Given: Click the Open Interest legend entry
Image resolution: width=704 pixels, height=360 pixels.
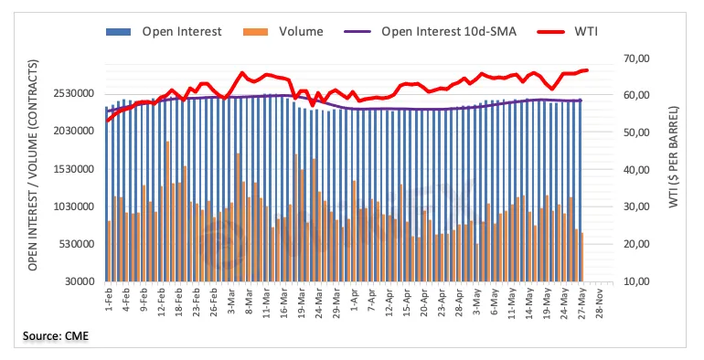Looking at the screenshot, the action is pos(164,32).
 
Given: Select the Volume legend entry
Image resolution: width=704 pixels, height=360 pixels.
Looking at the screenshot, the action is pos(283,32).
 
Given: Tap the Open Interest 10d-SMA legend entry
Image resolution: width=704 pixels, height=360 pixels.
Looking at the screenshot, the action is pos(430,32).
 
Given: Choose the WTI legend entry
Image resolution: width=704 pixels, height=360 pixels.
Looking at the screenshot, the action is pos(567,32).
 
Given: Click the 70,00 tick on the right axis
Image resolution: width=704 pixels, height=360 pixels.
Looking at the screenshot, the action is pos(636,58).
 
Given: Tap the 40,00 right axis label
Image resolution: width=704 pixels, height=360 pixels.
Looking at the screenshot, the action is pos(636,170).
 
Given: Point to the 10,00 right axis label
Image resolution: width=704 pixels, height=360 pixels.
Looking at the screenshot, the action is pos(636,281).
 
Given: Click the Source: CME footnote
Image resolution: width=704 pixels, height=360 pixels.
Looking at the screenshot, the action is pos(56,335).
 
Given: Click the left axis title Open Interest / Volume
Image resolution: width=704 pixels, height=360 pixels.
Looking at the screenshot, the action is pos(32,164).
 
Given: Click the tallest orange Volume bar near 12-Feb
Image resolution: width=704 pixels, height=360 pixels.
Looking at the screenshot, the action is pos(167,211).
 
